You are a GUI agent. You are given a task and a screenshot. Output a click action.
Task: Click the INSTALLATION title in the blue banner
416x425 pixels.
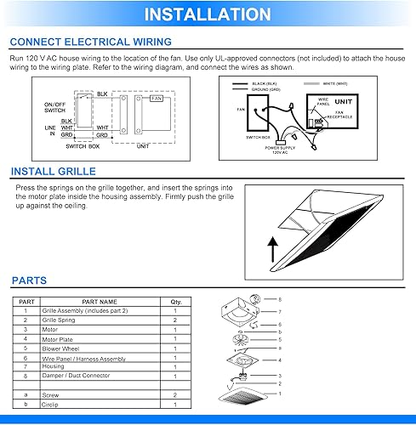[208, 14]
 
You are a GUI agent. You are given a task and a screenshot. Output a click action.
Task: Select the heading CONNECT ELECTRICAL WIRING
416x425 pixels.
[91, 42]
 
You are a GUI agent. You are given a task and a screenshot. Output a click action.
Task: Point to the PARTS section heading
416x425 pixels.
[30, 280]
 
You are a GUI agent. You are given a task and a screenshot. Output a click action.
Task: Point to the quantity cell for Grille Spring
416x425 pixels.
[175, 320]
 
